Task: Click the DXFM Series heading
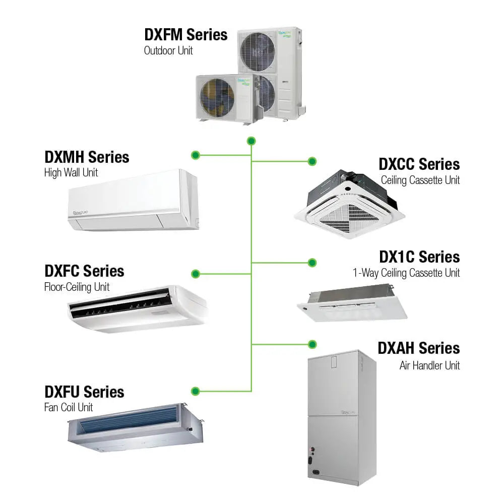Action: (x=185, y=35)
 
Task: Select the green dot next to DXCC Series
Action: (x=312, y=161)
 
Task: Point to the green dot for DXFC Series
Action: (x=196, y=274)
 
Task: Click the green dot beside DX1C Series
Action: (x=312, y=263)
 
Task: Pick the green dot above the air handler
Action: (x=312, y=344)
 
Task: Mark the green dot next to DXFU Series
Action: (x=196, y=391)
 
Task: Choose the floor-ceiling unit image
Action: (x=137, y=308)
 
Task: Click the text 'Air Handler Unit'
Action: (x=429, y=365)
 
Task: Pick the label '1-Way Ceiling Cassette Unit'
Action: (x=406, y=273)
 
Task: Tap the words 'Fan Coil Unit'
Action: (x=69, y=407)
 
